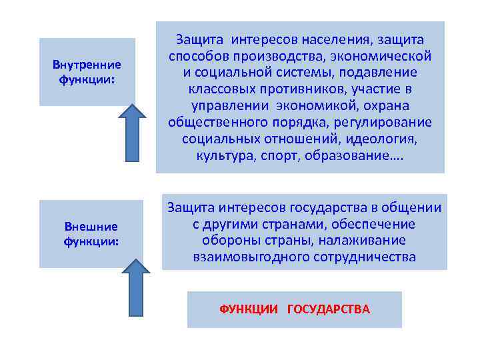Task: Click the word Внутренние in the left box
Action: coord(87,65)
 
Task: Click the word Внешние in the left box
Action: coord(91,226)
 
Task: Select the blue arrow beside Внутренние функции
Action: coord(132,133)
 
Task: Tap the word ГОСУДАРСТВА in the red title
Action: coord(328,309)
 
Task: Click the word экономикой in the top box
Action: coord(339,106)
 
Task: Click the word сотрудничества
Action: coord(360,257)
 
